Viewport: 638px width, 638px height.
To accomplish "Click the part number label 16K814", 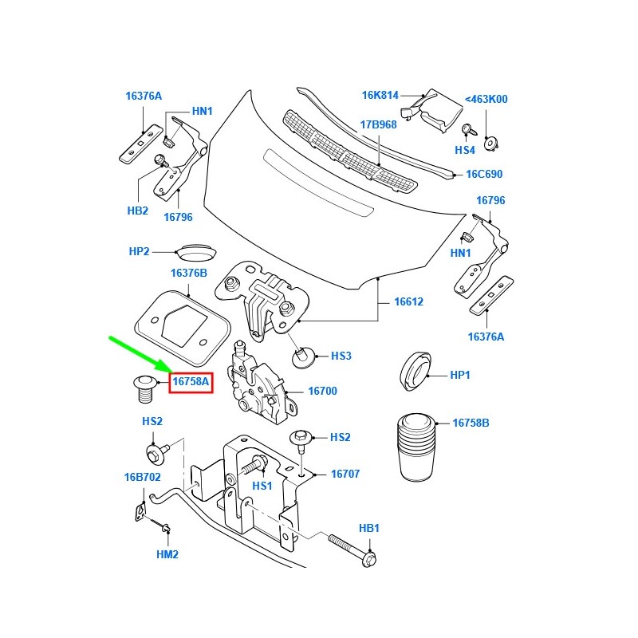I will tap(380, 95).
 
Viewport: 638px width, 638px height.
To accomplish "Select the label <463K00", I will tap(486, 100).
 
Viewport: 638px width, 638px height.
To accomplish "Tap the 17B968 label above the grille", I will tap(378, 124).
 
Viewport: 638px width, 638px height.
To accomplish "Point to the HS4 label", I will tap(465, 150).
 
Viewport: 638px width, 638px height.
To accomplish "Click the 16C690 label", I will tap(484, 174).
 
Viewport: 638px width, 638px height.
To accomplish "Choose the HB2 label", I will tap(138, 211).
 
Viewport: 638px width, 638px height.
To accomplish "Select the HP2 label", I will tap(140, 251).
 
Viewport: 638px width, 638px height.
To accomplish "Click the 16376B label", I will tap(188, 273).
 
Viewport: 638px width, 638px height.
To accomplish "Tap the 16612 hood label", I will tap(408, 302).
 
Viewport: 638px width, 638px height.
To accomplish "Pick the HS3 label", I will tap(341, 356).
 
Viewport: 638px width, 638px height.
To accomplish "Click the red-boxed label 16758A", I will tap(191, 382).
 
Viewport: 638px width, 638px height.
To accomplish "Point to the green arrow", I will tap(140, 354).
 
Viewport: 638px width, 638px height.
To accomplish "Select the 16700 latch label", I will tap(323, 392).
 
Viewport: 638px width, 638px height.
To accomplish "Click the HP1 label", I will tap(461, 374).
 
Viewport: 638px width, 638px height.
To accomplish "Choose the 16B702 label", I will tap(142, 478).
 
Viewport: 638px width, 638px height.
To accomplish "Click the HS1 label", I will tap(262, 485).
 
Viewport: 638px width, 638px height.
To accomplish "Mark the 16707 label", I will tap(345, 474).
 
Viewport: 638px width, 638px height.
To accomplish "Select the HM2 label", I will tap(167, 553).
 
